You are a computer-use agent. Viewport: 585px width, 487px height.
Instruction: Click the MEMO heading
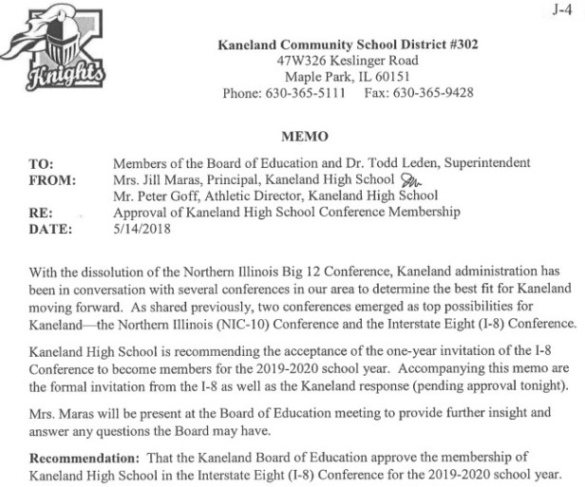(x=305, y=137)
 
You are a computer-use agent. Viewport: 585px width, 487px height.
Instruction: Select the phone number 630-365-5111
(x=312, y=93)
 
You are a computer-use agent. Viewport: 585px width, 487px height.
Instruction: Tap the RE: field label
(x=41, y=213)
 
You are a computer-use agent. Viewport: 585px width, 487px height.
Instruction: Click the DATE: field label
(x=48, y=229)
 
